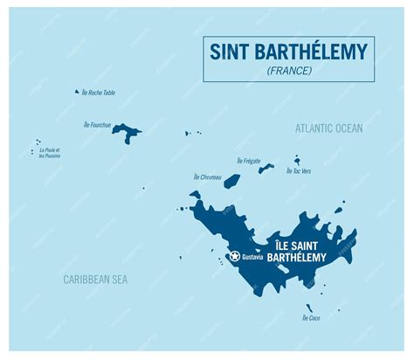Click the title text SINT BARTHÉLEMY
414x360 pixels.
pos(288,52)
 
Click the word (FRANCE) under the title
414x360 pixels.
pos(288,71)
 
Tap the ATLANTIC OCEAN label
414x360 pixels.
pos(328,128)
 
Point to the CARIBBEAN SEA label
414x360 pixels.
pos(94,279)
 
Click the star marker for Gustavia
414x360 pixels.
pos(234,256)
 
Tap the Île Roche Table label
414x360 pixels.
pos(99,93)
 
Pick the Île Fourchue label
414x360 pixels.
pos(95,125)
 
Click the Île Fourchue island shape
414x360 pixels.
pos(128,133)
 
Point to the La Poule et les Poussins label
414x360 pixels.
pos(50,153)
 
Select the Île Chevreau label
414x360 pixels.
pos(207,177)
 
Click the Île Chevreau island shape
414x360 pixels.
pos(231,181)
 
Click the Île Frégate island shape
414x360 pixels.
pos(266,168)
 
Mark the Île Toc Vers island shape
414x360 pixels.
pos(297,160)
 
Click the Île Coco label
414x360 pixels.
pos(311,318)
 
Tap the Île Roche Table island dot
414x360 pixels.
pos(77,91)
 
